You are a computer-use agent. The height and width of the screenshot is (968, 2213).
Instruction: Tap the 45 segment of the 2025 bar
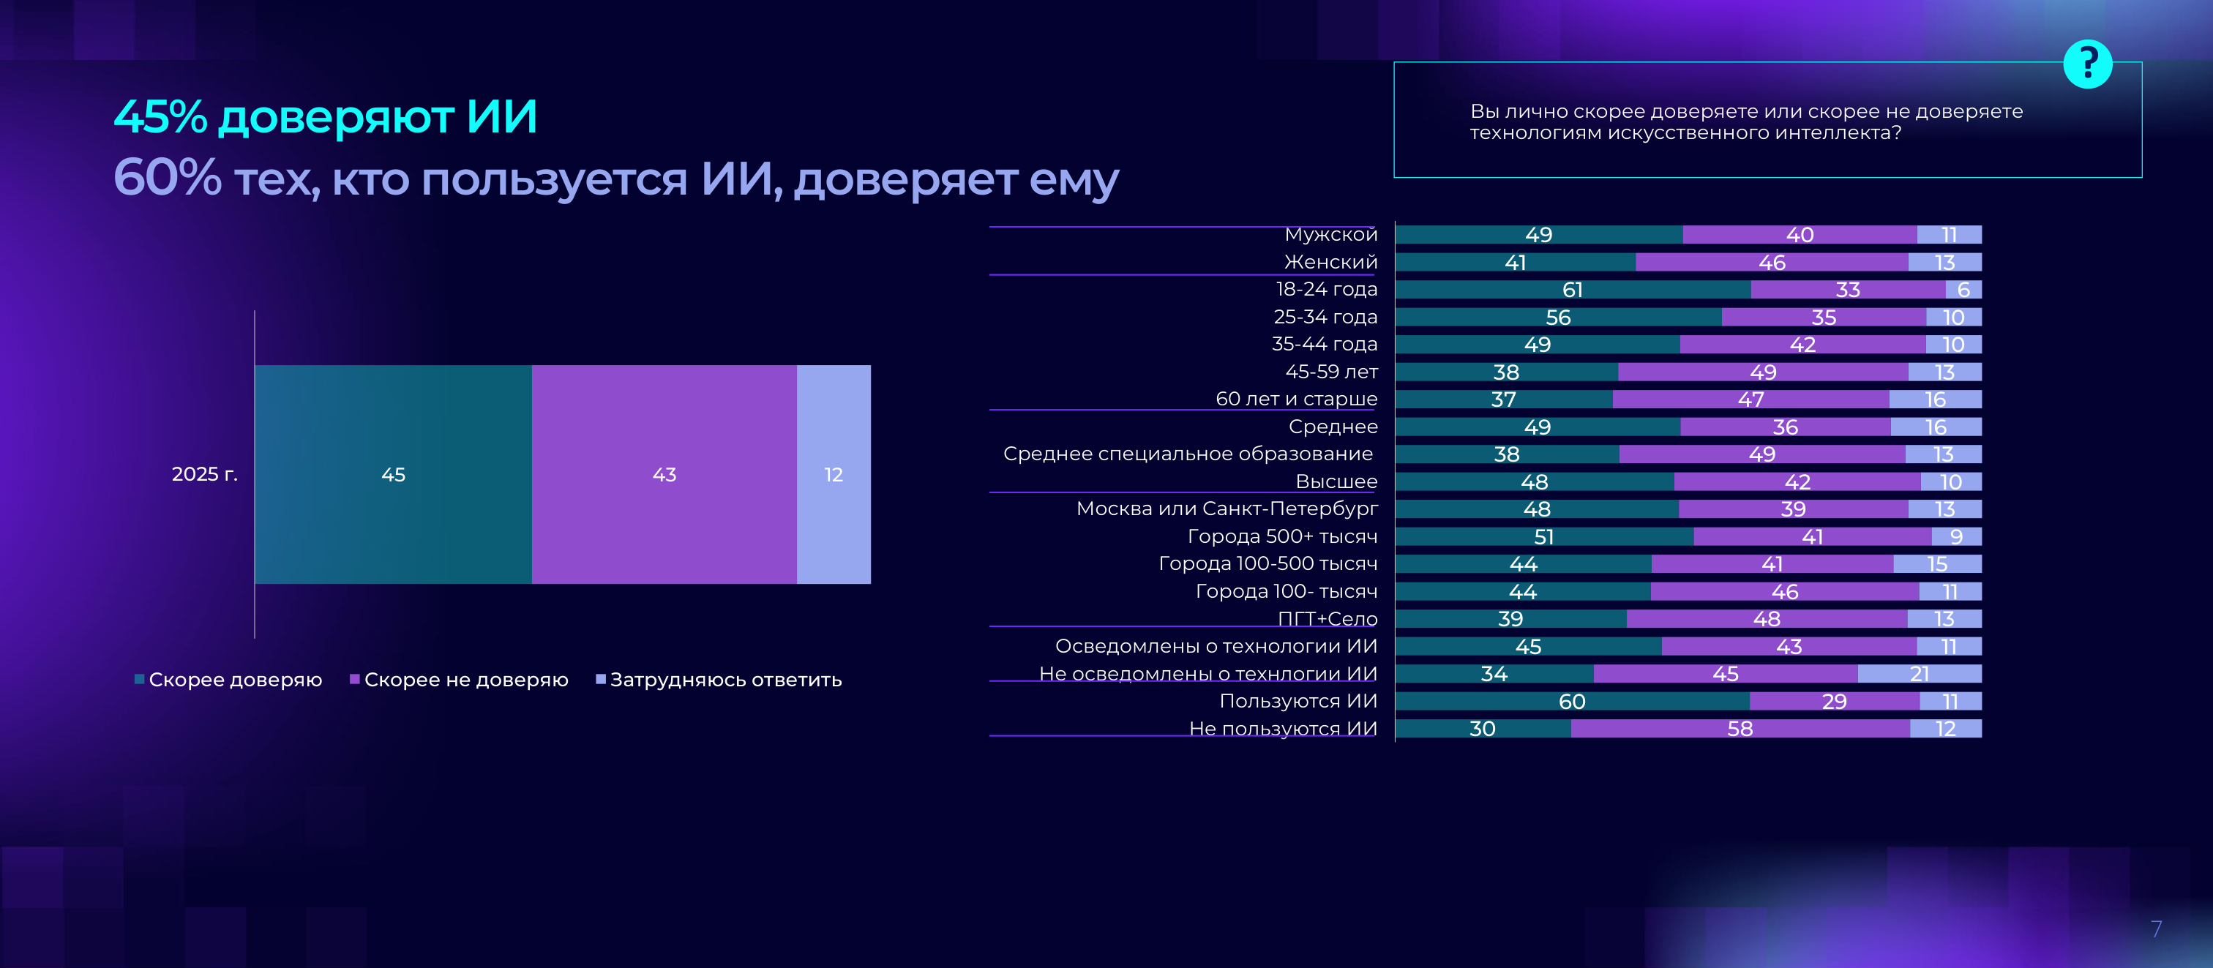(394, 474)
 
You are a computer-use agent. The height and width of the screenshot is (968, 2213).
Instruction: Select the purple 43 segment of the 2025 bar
(664, 474)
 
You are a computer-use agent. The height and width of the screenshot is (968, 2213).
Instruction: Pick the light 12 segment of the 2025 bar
(834, 474)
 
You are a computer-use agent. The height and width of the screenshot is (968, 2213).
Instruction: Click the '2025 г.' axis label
(204, 474)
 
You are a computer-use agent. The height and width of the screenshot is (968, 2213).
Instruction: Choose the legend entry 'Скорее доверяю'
(228, 680)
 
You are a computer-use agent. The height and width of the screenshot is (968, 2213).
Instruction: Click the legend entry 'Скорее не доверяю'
(459, 680)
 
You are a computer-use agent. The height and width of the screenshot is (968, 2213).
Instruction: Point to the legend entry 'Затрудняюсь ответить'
(719, 680)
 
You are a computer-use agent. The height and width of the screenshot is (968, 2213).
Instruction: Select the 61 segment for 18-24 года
(1572, 290)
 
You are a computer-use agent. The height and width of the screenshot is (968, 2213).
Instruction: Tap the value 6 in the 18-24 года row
(1963, 290)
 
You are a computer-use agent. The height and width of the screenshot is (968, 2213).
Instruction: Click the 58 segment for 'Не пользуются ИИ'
(1740, 728)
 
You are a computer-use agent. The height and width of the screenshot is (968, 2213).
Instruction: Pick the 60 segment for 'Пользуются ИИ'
(1572, 701)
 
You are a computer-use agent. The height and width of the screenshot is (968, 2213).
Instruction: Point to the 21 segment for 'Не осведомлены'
(1920, 673)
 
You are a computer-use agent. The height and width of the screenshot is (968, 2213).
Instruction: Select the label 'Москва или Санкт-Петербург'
(1227, 509)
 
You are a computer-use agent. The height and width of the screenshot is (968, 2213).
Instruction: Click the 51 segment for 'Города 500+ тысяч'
(1544, 537)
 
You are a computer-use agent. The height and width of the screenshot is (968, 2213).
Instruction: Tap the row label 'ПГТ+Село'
(1328, 618)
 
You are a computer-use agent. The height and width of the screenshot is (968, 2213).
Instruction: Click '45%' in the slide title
(161, 117)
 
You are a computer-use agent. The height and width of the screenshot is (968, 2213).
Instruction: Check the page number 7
(2155, 928)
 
